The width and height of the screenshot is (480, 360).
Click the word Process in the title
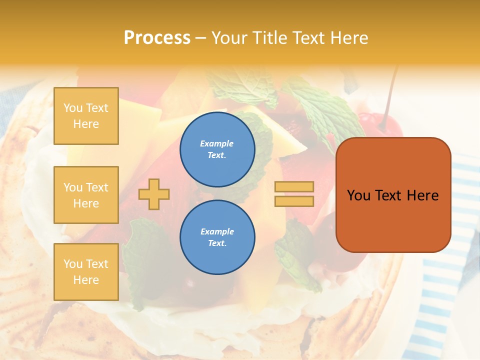tap(157, 38)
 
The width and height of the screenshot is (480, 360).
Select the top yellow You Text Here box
tap(86, 116)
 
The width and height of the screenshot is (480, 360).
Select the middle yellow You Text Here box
tap(86, 195)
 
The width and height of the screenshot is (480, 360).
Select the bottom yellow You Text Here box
tap(86, 271)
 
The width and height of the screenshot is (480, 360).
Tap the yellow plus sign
tap(154, 193)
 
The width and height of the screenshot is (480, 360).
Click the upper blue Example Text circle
tap(217, 149)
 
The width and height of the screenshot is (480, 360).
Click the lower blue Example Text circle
tap(217, 237)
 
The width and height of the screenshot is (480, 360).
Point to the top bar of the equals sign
tap(294, 187)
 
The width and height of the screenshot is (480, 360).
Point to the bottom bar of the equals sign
tap(294, 201)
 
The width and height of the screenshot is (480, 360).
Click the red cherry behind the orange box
tap(380, 125)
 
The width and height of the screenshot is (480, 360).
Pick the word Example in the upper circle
tap(216, 143)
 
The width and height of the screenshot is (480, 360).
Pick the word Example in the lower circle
tap(217, 231)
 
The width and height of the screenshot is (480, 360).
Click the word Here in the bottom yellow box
tap(86, 280)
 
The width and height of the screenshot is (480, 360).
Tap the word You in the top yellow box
tap(73, 108)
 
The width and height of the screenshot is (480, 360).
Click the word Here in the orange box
tap(422, 195)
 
